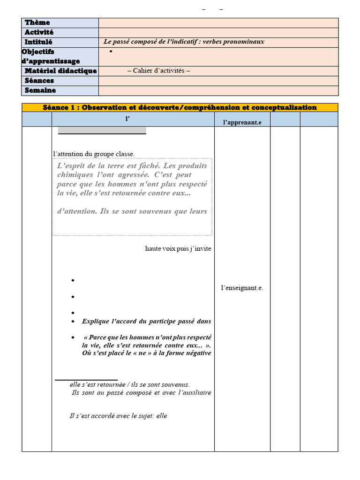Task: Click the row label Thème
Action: [37, 22]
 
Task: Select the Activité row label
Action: [39, 32]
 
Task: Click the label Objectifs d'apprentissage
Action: [51, 56]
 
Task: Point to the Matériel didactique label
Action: [60, 71]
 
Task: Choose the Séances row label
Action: [39, 81]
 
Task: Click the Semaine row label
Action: [40, 90]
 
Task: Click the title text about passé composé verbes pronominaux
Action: [184, 42]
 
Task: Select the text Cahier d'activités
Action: [158, 71]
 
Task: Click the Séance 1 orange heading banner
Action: [180, 107]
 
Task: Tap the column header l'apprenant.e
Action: [242, 122]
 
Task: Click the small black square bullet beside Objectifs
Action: [111, 51]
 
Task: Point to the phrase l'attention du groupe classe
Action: [94, 154]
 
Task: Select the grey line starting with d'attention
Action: [132, 211]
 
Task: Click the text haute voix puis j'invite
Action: [178, 248]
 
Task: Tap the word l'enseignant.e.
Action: [242, 288]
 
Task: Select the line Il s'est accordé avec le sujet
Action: [118, 416]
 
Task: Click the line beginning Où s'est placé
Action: [146, 353]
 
